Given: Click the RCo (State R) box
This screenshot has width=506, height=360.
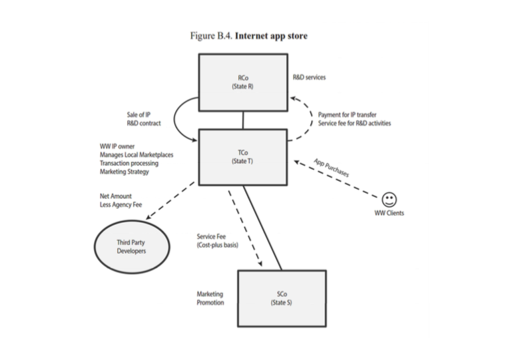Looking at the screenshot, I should (242, 82).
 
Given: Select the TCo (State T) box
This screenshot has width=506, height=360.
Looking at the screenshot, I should (242, 157).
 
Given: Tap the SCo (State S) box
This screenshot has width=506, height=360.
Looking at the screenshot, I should (282, 297).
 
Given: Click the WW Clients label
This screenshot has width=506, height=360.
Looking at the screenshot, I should (389, 214).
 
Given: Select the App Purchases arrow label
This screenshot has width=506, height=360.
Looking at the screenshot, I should (332, 166).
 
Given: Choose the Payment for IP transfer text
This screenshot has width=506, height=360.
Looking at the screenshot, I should (347, 114).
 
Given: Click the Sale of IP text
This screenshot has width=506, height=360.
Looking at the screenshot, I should (138, 114).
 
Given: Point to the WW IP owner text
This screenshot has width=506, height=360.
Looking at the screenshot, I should (117, 146).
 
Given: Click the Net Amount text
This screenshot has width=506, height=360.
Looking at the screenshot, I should (116, 196).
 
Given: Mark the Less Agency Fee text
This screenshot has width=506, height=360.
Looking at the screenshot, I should (121, 205).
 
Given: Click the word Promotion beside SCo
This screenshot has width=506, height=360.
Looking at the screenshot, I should (210, 303).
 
